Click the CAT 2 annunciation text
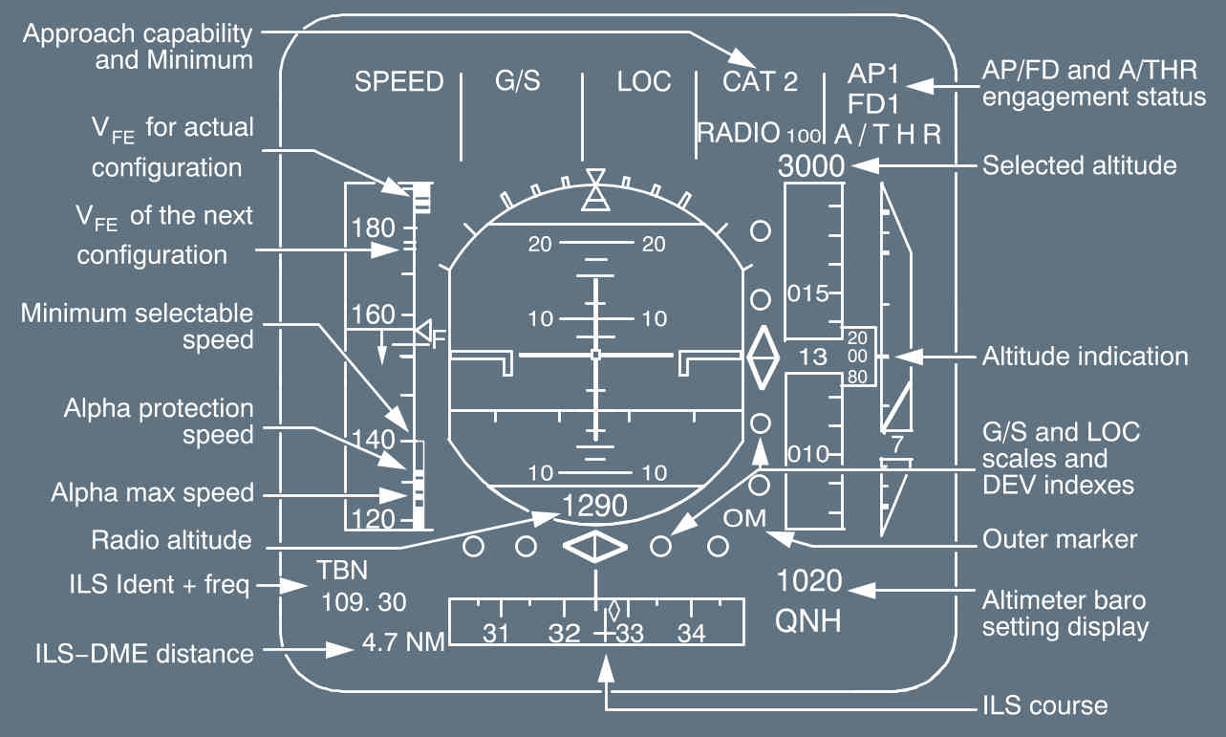pyautogui.click(x=760, y=82)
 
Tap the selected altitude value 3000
pyautogui.click(x=811, y=166)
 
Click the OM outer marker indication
pyautogui.click(x=745, y=518)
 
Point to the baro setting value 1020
pyautogui.click(x=809, y=581)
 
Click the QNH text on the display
pyautogui.click(x=808, y=621)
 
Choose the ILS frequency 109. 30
pyautogui.click(x=362, y=602)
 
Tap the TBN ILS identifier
pyautogui.click(x=341, y=572)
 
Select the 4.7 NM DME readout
pyautogui.click(x=404, y=641)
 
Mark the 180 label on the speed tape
pyautogui.click(x=373, y=228)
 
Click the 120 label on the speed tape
pyautogui.click(x=373, y=519)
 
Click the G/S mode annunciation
pyautogui.click(x=517, y=82)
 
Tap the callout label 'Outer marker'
pyautogui.click(x=1060, y=539)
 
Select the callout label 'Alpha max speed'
pyautogui.click(x=152, y=494)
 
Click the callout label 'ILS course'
pyautogui.click(x=1044, y=706)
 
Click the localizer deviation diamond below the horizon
pyautogui.click(x=594, y=546)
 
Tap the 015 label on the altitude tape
pyautogui.click(x=807, y=293)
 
